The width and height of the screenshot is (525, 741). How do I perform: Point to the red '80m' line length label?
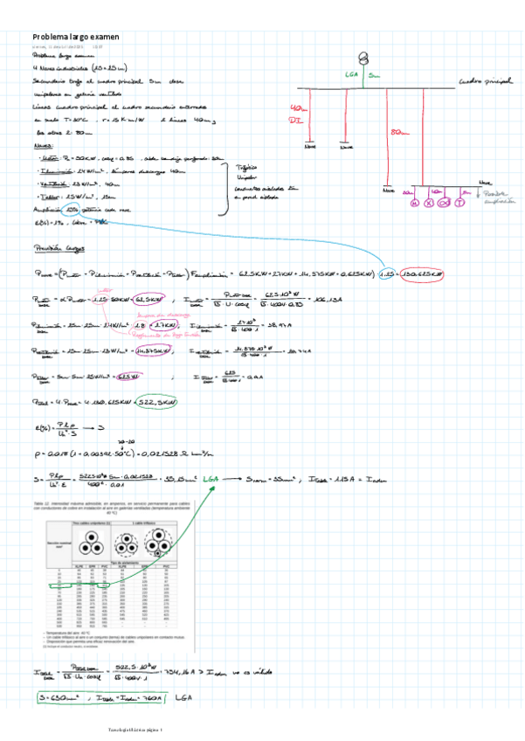400,132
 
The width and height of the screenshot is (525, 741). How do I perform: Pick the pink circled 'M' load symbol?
415,204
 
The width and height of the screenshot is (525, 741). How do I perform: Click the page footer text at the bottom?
262,730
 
